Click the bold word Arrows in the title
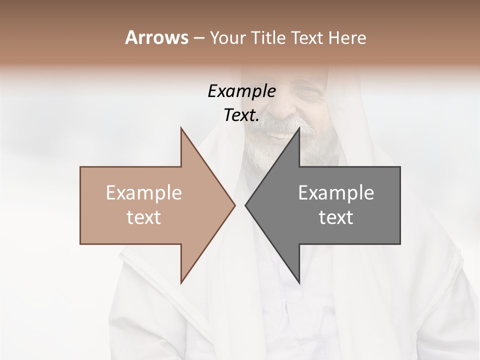click(x=156, y=37)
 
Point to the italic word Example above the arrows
click(x=241, y=91)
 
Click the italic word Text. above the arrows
click(x=241, y=115)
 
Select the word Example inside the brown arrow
click(x=144, y=193)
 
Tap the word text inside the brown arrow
click(x=144, y=217)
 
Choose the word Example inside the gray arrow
click(x=336, y=193)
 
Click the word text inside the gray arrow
click(x=336, y=217)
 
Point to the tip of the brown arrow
click(x=234, y=205)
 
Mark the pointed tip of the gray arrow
click(x=245, y=205)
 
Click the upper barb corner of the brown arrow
click(x=181, y=128)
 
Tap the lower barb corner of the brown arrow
click(x=181, y=282)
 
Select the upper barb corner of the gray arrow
click(x=299, y=128)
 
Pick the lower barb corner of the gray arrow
click(x=299, y=282)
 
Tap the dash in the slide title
click(x=198, y=38)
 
